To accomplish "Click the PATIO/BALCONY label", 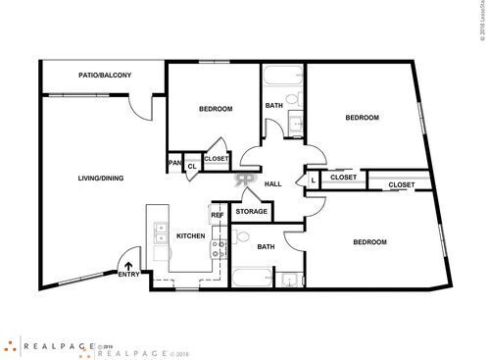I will pos(105,75).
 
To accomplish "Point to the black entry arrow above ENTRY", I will pos(128,261).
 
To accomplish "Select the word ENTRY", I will pos(128,274).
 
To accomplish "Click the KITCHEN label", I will pos(190,235).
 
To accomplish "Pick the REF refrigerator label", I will pos(217,214).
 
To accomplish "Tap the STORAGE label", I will pos(251,211).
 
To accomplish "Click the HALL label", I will pos(273,183).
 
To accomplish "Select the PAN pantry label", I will pos(175,163).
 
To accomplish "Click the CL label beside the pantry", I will pos(193,167).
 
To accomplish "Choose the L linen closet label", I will pos(312,180).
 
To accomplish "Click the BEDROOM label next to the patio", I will pos(216,108).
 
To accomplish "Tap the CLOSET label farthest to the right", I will pos(401,184).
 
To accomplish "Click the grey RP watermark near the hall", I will pos(243,180).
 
